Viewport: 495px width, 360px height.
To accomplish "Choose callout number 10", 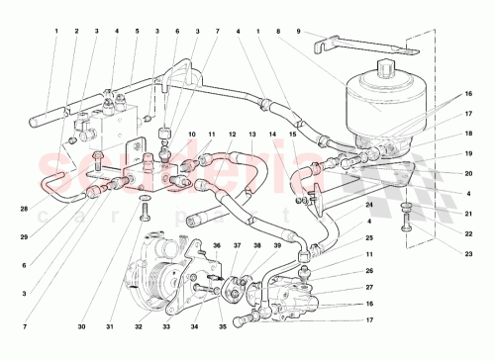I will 192,134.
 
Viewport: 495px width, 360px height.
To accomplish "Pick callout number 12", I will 233,134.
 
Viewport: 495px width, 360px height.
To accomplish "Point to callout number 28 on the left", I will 22,210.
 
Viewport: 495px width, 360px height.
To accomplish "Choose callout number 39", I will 277,245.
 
